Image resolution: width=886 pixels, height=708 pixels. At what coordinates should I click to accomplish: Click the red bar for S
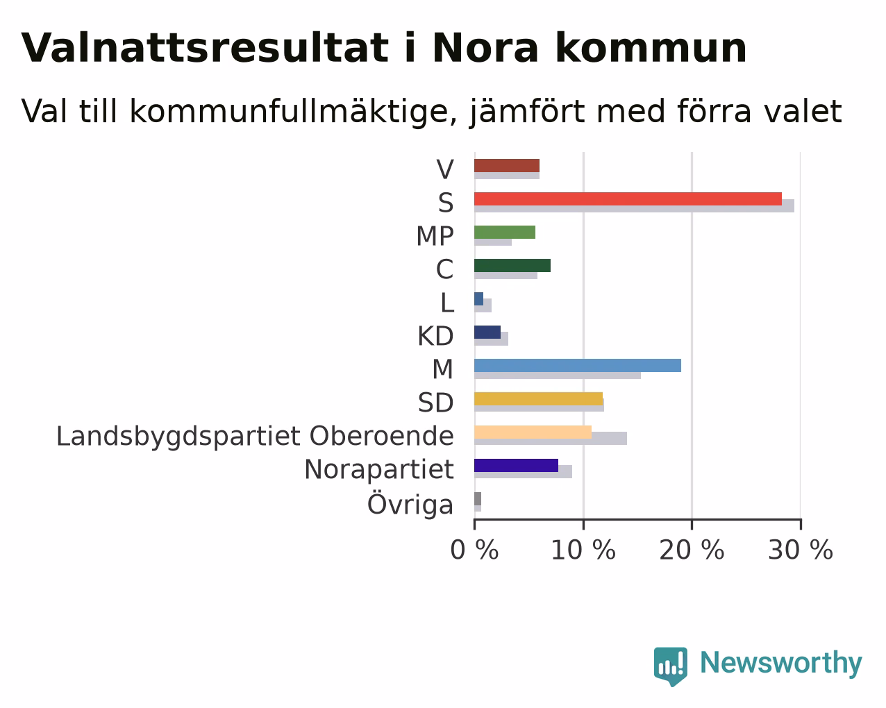pos(628,199)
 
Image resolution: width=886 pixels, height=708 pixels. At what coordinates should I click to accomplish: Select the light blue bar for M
pos(578,366)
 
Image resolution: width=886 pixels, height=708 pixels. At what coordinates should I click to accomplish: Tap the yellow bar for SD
pos(539,399)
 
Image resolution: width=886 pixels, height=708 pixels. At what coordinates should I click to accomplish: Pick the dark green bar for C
pos(512,265)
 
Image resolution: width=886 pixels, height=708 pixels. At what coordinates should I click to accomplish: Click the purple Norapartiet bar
pos(517,466)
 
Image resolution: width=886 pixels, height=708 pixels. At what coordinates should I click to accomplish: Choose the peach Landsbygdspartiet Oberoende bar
pos(533,432)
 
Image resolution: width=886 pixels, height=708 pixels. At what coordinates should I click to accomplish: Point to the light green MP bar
pos(505,232)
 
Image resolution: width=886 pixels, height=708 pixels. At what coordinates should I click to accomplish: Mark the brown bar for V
pos(507,165)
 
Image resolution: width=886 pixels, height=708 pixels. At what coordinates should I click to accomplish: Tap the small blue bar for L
pos(479,299)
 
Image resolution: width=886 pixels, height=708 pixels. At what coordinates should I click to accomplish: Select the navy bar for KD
pos(487,332)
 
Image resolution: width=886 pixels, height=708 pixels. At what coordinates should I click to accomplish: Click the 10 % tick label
pos(583,550)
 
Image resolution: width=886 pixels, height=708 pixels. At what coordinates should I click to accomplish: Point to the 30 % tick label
pos(801,550)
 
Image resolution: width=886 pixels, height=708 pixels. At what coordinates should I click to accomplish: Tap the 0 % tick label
pos(474,550)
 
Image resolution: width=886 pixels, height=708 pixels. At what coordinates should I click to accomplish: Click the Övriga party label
pos(410,504)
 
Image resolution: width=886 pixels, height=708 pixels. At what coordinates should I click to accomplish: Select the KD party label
pos(435,336)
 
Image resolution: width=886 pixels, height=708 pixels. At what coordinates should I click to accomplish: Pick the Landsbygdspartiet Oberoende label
pos(256,437)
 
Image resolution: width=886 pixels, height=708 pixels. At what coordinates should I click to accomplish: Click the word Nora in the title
pos(486,48)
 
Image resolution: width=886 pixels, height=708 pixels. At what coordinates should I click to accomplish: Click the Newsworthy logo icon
pos(671,667)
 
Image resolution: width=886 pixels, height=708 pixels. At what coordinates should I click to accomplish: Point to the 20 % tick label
pos(692,550)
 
